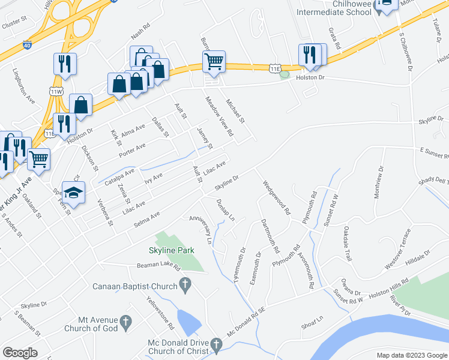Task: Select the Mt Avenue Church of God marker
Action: coord(125,322)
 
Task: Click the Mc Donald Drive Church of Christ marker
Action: coord(216,344)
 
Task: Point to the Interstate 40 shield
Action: coord(27,44)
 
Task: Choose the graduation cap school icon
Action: coord(74,193)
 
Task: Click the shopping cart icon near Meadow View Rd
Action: coord(214,61)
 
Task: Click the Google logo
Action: coord(20,353)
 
